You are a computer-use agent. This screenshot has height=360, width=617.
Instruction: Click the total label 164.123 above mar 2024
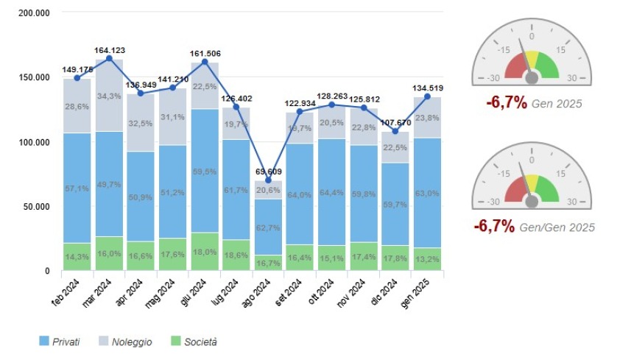110,50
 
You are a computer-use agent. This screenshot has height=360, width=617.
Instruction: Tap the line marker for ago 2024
268,180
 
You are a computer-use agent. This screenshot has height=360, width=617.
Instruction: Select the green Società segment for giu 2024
205,252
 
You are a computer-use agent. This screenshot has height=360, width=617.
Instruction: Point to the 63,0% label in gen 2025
427,194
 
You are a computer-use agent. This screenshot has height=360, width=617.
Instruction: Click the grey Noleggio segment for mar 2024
109,96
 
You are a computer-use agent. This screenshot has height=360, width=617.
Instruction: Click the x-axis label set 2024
286,291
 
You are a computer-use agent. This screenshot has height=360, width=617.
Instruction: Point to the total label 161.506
205,53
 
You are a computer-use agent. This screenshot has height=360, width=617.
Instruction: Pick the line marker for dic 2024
395,131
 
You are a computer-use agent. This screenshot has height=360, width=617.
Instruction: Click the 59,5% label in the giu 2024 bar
205,171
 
